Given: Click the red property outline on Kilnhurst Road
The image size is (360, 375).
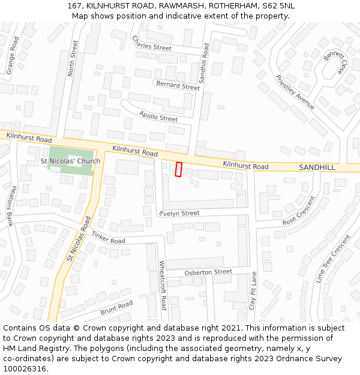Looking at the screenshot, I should coord(178,169).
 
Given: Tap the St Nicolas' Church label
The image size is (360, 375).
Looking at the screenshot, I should coord(70,161).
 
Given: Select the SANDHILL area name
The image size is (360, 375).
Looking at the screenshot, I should coord(317,167).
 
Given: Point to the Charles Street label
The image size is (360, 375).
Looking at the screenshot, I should coord(152,43).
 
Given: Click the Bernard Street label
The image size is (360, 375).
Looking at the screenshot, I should coord(178,86).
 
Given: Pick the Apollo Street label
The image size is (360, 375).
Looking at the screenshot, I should coord(158,116).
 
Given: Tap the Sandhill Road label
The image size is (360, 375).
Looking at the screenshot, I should coord(204,63).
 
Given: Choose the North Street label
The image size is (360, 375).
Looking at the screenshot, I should coord(73,58).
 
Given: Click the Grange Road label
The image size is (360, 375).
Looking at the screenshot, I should coord(12,55).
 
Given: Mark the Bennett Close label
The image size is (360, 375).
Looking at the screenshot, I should coord(335,62).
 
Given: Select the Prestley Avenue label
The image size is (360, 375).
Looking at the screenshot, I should coord(295,92).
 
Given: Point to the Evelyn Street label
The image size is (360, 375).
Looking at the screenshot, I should coord(179,213).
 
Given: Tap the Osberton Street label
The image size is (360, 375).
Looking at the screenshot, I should coord(208,272).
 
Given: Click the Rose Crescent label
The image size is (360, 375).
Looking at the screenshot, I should coord(298,212).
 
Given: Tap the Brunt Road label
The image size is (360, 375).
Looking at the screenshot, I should coord(116,308).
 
